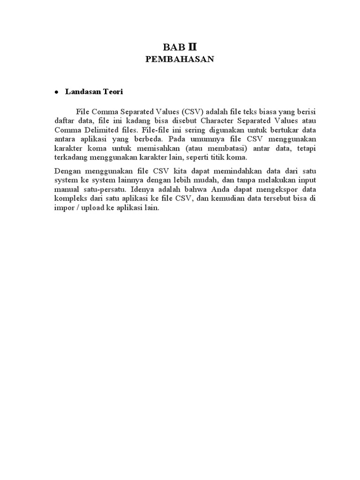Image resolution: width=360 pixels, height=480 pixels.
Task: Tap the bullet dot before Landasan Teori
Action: point(56,93)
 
